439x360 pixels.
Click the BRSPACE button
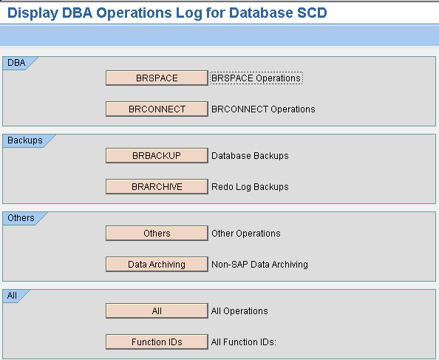click(x=157, y=78)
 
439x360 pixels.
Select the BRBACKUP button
click(x=157, y=155)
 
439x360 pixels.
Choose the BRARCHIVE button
click(x=157, y=186)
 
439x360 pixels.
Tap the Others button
click(x=157, y=233)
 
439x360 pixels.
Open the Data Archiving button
click(x=157, y=264)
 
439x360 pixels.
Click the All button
click(x=157, y=310)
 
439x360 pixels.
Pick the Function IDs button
click(x=157, y=342)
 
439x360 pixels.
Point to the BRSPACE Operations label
click(x=256, y=78)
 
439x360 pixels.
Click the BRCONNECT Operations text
click(x=263, y=109)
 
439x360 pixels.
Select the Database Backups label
click(x=250, y=156)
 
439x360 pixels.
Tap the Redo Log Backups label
click(x=250, y=187)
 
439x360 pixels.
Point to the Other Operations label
click(x=246, y=234)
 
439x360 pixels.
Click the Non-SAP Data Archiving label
click(x=259, y=265)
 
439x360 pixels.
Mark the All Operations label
click(x=239, y=311)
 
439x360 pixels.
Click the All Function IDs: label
click(x=244, y=342)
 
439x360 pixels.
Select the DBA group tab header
click(x=16, y=63)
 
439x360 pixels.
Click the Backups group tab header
click(x=25, y=140)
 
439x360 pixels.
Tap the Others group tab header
click(x=21, y=218)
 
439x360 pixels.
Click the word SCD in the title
click(x=312, y=13)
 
